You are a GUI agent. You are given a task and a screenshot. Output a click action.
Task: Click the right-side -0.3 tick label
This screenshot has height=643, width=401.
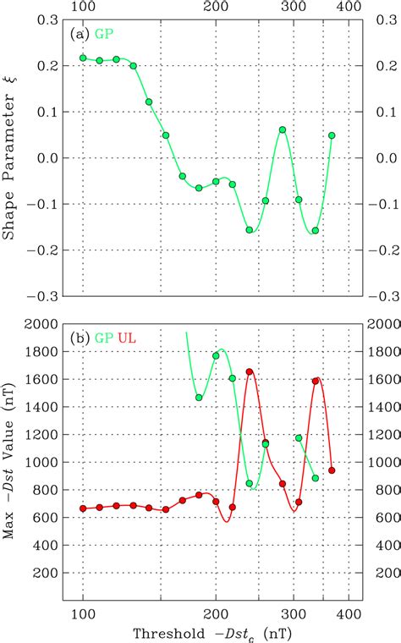pos(373,296)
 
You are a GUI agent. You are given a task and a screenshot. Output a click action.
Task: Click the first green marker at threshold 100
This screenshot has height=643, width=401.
pos(83,58)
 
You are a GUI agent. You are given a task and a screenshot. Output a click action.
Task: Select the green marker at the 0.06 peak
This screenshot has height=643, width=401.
pos(283,130)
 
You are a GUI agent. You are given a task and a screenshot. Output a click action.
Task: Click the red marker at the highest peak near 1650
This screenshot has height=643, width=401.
pos(250,371)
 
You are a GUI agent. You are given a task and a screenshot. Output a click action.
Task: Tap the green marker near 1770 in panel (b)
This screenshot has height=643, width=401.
pos(216,356)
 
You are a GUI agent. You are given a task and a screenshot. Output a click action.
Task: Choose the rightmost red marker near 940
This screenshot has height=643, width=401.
pos(332,470)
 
